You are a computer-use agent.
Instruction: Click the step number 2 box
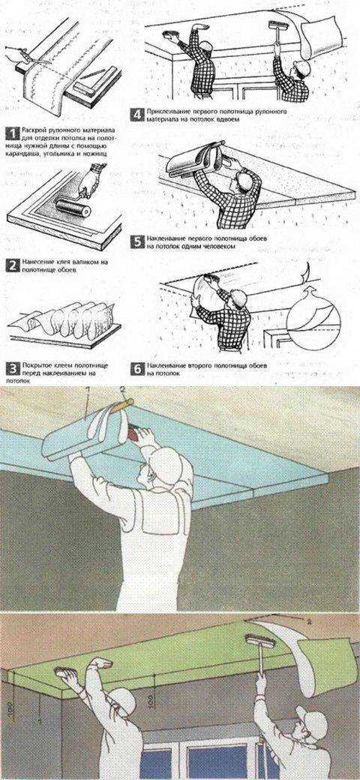coord(11,264)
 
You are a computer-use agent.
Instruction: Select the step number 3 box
coord(11,367)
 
